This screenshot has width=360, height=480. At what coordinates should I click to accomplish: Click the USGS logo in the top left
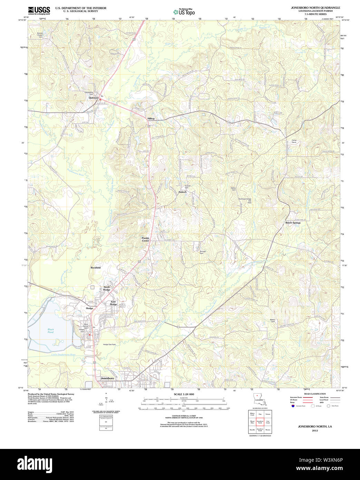tap(39, 10)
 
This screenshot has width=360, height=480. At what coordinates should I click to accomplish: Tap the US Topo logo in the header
tap(184, 12)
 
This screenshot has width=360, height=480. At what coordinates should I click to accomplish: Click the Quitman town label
tap(93, 98)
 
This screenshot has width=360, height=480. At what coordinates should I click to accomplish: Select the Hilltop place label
tap(151, 118)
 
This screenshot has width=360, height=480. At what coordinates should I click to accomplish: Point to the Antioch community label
tap(182, 192)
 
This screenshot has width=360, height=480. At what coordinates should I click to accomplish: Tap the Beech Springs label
tap(293, 223)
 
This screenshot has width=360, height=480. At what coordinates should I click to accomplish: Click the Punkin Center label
tap(145, 239)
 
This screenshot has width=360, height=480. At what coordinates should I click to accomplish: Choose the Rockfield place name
tap(96, 268)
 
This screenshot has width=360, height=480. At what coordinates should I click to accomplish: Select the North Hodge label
tap(107, 288)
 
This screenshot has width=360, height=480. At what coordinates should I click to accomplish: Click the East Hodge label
tap(113, 303)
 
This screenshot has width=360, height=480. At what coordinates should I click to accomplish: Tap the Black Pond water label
tap(51, 331)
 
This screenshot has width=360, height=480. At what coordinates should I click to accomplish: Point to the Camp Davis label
tap(294, 141)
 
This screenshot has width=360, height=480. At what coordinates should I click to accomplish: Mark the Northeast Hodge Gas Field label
tap(245, 201)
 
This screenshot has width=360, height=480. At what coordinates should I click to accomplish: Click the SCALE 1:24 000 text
tap(184, 394)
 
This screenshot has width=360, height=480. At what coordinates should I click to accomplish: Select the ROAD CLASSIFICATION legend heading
tap(314, 394)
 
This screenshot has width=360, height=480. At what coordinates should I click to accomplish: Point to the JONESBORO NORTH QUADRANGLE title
tap(315, 8)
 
